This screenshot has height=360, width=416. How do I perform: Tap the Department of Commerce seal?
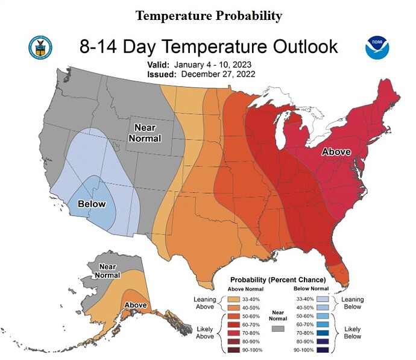pyautogui.click(x=40, y=47)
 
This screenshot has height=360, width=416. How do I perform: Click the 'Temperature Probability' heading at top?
pyautogui.click(x=209, y=16)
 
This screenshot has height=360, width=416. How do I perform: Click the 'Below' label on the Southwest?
pyautogui.click(x=92, y=204)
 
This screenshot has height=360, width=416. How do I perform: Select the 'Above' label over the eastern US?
pyautogui.click(x=335, y=152)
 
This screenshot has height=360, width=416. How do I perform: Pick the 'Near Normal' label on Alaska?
pyautogui.click(x=107, y=271)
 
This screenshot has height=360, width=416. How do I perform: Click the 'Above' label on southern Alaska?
pyautogui.click(x=135, y=305)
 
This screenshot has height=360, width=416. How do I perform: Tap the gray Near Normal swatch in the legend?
pyautogui.click(x=278, y=329)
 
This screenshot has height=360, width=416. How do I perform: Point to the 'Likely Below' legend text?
pyautogui.click(x=353, y=332)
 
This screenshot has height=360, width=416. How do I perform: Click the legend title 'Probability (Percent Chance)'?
pyautogui.click(x=278, y=280)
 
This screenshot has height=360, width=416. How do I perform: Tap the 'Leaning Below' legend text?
pyautogui.click(x=353, y=302)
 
